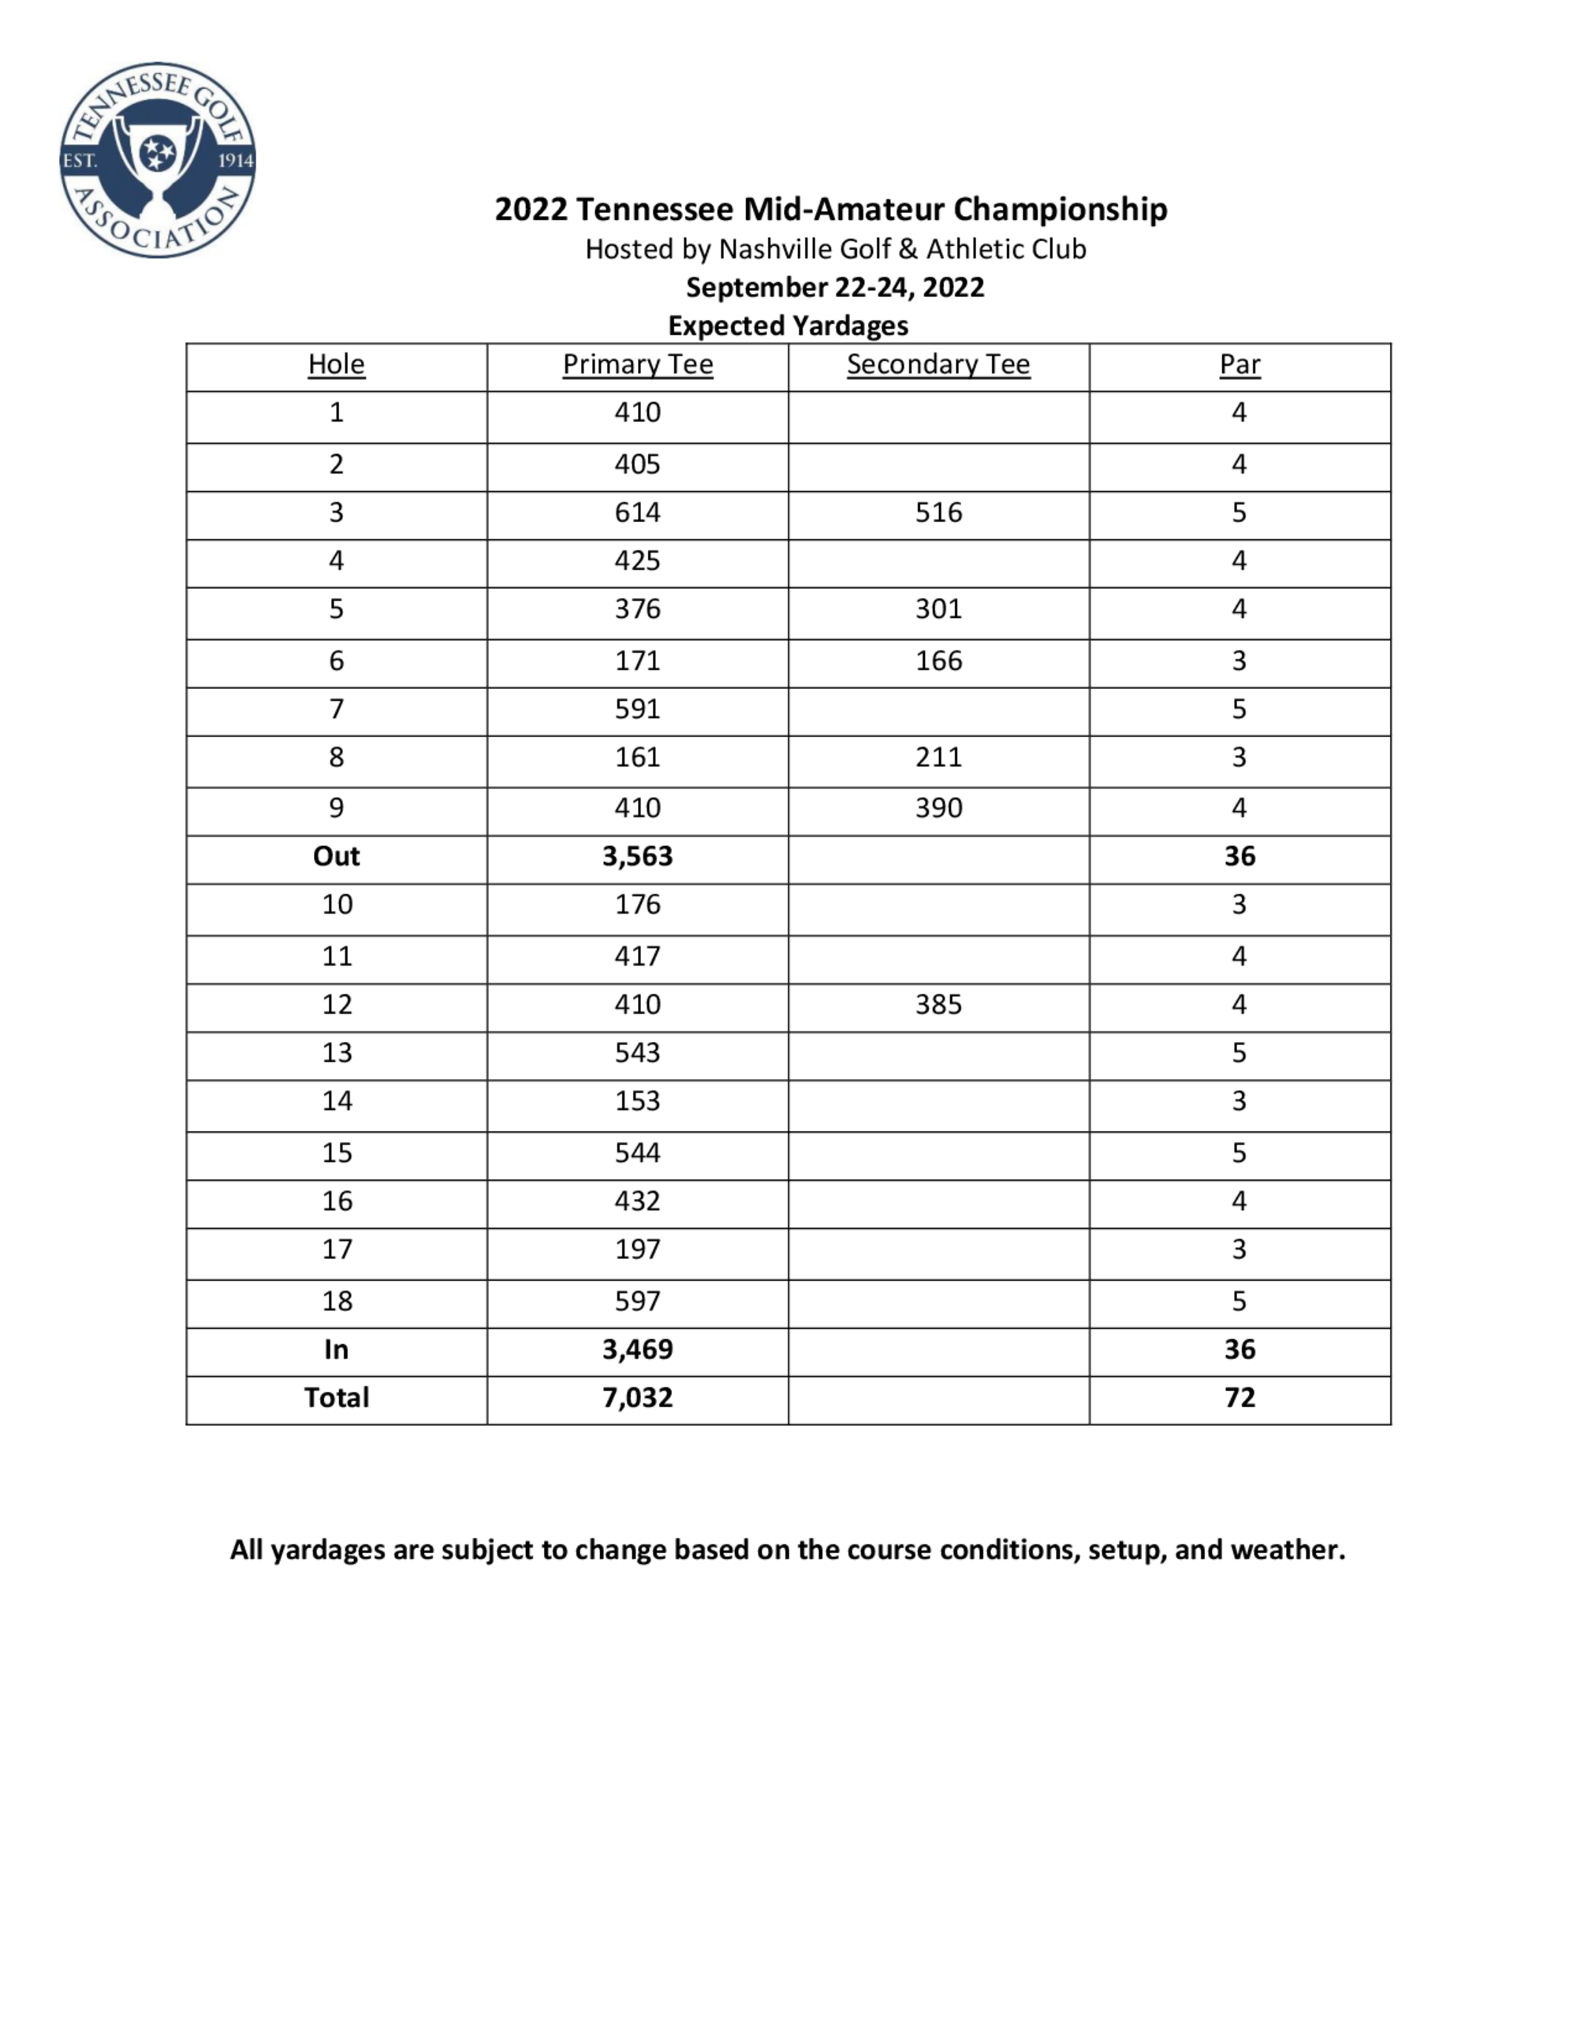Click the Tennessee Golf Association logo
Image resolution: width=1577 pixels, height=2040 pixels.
pyautogui.click(x=157, y=161)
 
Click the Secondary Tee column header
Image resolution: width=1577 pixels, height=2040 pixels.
pyautogui.click(x=938, y=364)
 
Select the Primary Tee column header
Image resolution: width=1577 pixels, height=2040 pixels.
pyautogui.click(x=637, y=364)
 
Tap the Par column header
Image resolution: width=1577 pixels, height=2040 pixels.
pyautogui.click(x=1240, y=364)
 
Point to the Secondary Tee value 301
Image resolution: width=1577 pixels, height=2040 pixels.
pyautogui.click(x=938, y=609)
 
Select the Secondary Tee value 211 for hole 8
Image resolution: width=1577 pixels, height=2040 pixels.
pyautogui.click(x=938, y=757)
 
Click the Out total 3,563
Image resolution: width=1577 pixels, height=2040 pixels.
pyautogui.click(x=637, y=857)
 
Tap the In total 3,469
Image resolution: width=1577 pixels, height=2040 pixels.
pyautogui.click(x=637, y=1349)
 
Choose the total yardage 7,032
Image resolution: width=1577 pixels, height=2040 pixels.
pyautogui.click(x=637, y=1398)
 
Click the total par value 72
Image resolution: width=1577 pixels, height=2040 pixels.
pyautogui.click(x=1240, y=1398)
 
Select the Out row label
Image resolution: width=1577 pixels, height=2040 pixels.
pyautogui.click(x=337, y=857)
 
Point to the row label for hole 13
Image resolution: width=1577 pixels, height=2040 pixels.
pyautogui.click(x=337, y=1052)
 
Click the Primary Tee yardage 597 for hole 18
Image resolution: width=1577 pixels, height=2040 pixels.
pyautogui.click(x=637, y=1301)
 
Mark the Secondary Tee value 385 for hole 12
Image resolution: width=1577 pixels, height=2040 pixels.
pyautogui.click(x=938, y=1004)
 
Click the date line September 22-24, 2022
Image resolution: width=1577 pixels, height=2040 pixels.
pyautogui.click(x=834, y=288)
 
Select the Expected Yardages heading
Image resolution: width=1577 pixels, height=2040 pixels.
pyautogui.click(x=788, y=326)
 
